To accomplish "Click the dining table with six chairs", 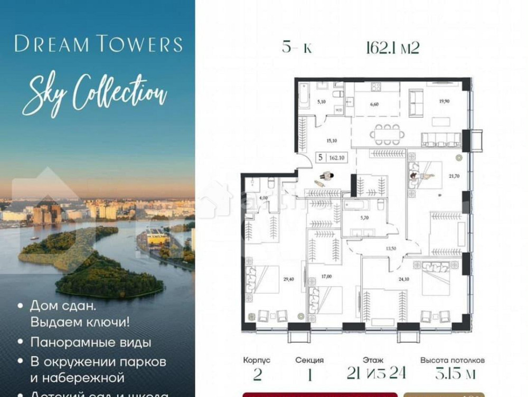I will tap(388, 134).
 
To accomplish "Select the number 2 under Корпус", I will tap(257, 374).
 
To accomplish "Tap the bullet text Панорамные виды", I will tap(90, 342).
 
